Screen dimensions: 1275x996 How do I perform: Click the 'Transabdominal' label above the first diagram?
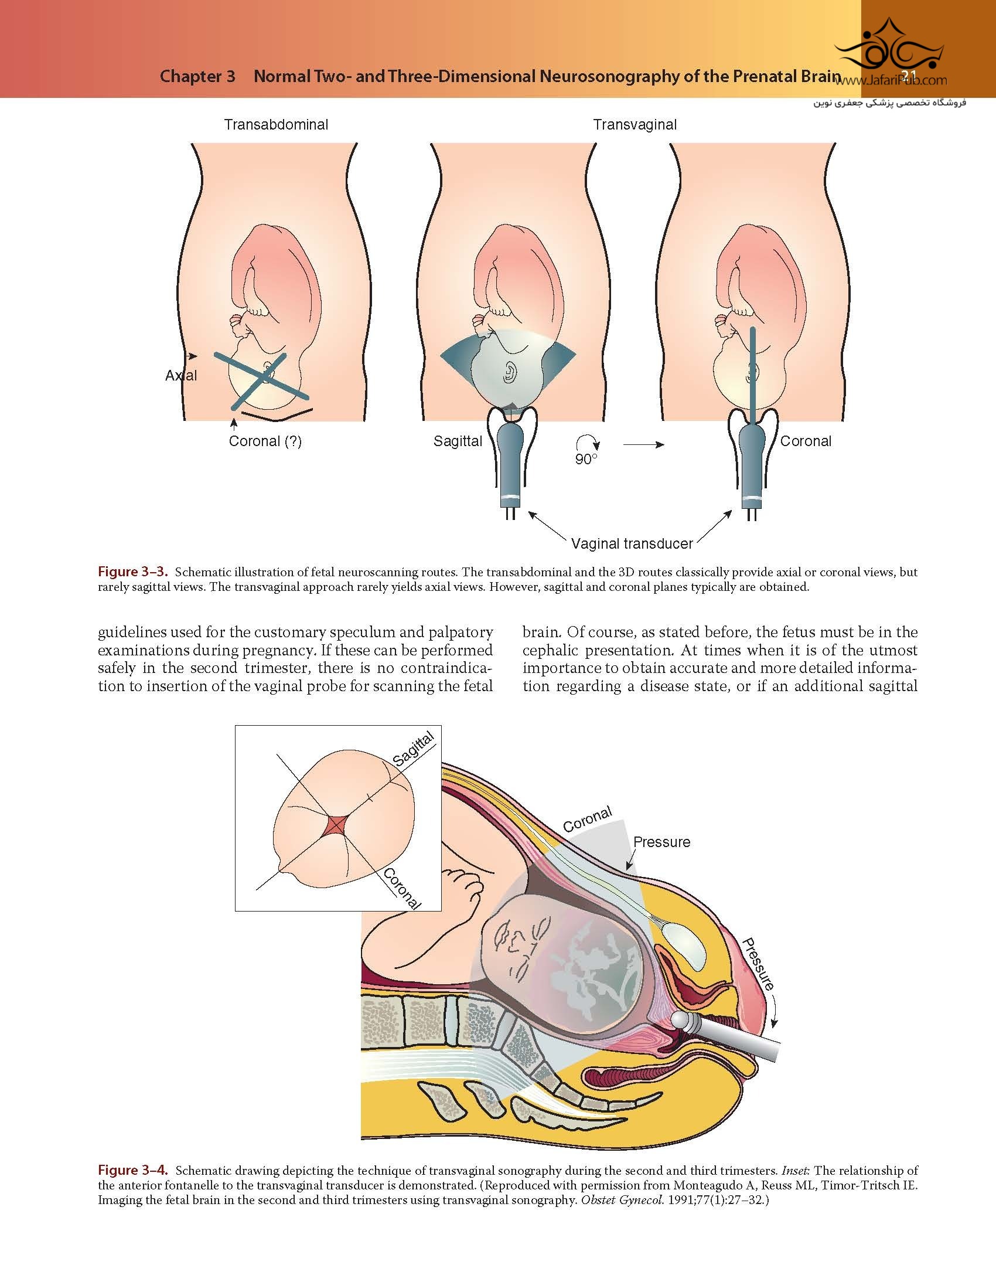(276, 125)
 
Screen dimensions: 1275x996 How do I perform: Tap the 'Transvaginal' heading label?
(635, 125)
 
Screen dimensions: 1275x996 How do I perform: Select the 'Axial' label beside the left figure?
(181, 376)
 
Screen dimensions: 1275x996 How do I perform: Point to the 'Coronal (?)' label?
(265, 441)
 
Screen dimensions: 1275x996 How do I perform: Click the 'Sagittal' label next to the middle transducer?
(458, 441)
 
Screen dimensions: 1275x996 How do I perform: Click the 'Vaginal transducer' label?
(632, 543)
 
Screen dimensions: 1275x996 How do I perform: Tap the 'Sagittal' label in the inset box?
(414, 750)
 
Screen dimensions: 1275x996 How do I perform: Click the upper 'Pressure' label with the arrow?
(661, 842)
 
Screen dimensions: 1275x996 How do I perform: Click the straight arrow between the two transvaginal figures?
(643, 445)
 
